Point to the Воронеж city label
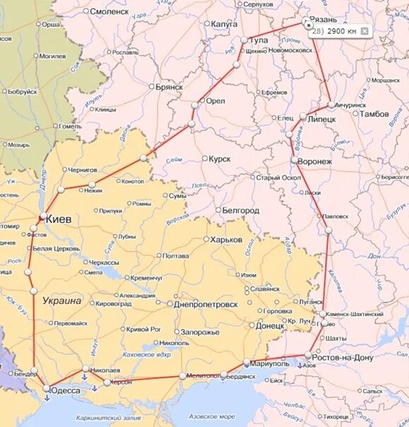point(315,162)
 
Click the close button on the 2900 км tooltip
point(364,31)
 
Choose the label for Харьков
point(227,240)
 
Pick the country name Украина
point(61,300)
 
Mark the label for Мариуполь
point(271,363)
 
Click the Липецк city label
point(322,120)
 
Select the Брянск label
point(169,87)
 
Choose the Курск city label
point(220,159)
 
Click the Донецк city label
point(270,326)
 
